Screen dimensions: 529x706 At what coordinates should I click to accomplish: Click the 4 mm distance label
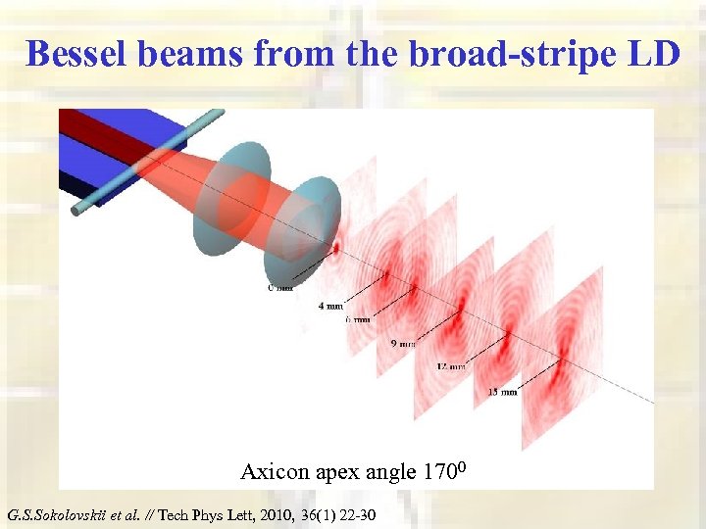click(331, 306)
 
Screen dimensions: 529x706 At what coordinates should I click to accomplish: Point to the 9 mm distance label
click(402, 344)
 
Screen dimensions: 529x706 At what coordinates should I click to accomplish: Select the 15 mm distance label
click(502, 392)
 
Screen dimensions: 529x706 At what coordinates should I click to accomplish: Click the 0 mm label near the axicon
click(282, 287)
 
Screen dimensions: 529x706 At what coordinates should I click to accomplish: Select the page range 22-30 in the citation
click(354, 515)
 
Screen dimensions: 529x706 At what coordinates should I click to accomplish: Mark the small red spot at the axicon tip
click(335, 248)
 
